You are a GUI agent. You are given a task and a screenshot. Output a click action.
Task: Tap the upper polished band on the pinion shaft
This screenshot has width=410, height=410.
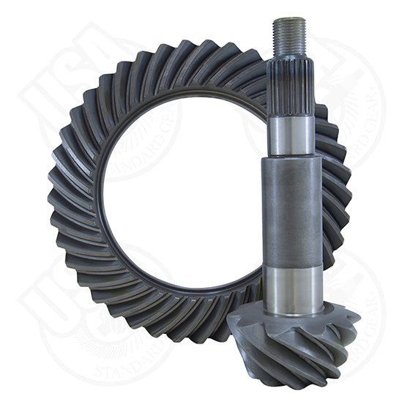[291, 135]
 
